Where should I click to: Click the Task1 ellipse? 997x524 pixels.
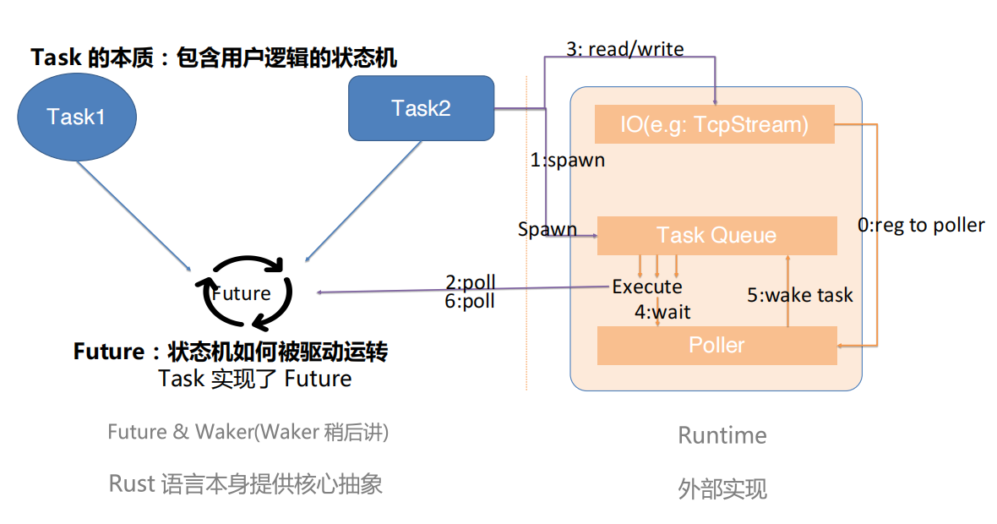pyautogui.click(x=76, y=116)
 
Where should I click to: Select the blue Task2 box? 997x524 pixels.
pyautogui.click(x=421, y=108)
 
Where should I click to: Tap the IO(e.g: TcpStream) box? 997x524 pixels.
pyautogui.click(x=714, y=125)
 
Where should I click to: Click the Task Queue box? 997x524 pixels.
pyautogui.click(x=716, y=235)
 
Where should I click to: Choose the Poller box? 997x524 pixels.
pyautogui.click(x=716, y=345)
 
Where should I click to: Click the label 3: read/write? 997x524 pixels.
pyautogui.click(x=624, y=49)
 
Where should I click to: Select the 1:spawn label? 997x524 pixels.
pyautogui.click(x=567, y=160)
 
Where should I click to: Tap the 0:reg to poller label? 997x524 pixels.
pyautogui.click(x=921, y=225)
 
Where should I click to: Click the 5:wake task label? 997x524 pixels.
pyautogui.click(x=799, y=295)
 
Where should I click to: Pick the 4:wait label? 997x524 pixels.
pyautogui.click(x=662, y=312)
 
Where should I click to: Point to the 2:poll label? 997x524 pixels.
pyautogui.click(x=471, y=281)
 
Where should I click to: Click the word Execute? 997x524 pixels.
pyautogui.click(x=647, y=287)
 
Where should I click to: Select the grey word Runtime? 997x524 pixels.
pyautogui.click(x=722, y=435)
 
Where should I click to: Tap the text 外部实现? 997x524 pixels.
pyautogui.click(x=722, y=489)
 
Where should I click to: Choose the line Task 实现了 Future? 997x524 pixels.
pyautogui.click(x=255, y=378)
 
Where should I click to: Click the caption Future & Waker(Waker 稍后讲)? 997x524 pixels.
pyautogui.click(x=248, y=432)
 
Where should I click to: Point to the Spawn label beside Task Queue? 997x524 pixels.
pyautogui.click(x=547, y=229)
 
